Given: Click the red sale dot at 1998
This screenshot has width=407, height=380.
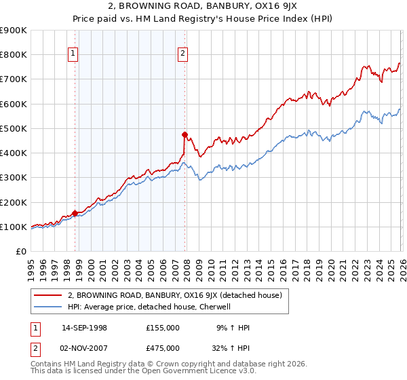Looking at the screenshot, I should click(75, 213).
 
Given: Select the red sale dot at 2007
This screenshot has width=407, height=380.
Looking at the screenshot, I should click(185, 134).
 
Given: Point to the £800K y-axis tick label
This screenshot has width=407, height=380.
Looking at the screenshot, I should click(14, 55).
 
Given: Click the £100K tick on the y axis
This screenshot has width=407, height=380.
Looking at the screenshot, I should click(14, 227).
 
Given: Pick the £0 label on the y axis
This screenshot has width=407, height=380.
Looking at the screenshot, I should click(20, 251).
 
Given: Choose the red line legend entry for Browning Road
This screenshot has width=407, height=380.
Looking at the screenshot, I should click(179, 295).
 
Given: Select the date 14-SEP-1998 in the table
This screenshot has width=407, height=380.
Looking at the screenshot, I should click(84, 328).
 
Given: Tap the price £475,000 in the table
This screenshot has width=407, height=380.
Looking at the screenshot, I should click(163, 347).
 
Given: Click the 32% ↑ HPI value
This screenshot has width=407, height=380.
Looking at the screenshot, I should click(231, 347).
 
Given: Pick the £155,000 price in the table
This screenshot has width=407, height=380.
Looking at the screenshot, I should click(163, 328).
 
